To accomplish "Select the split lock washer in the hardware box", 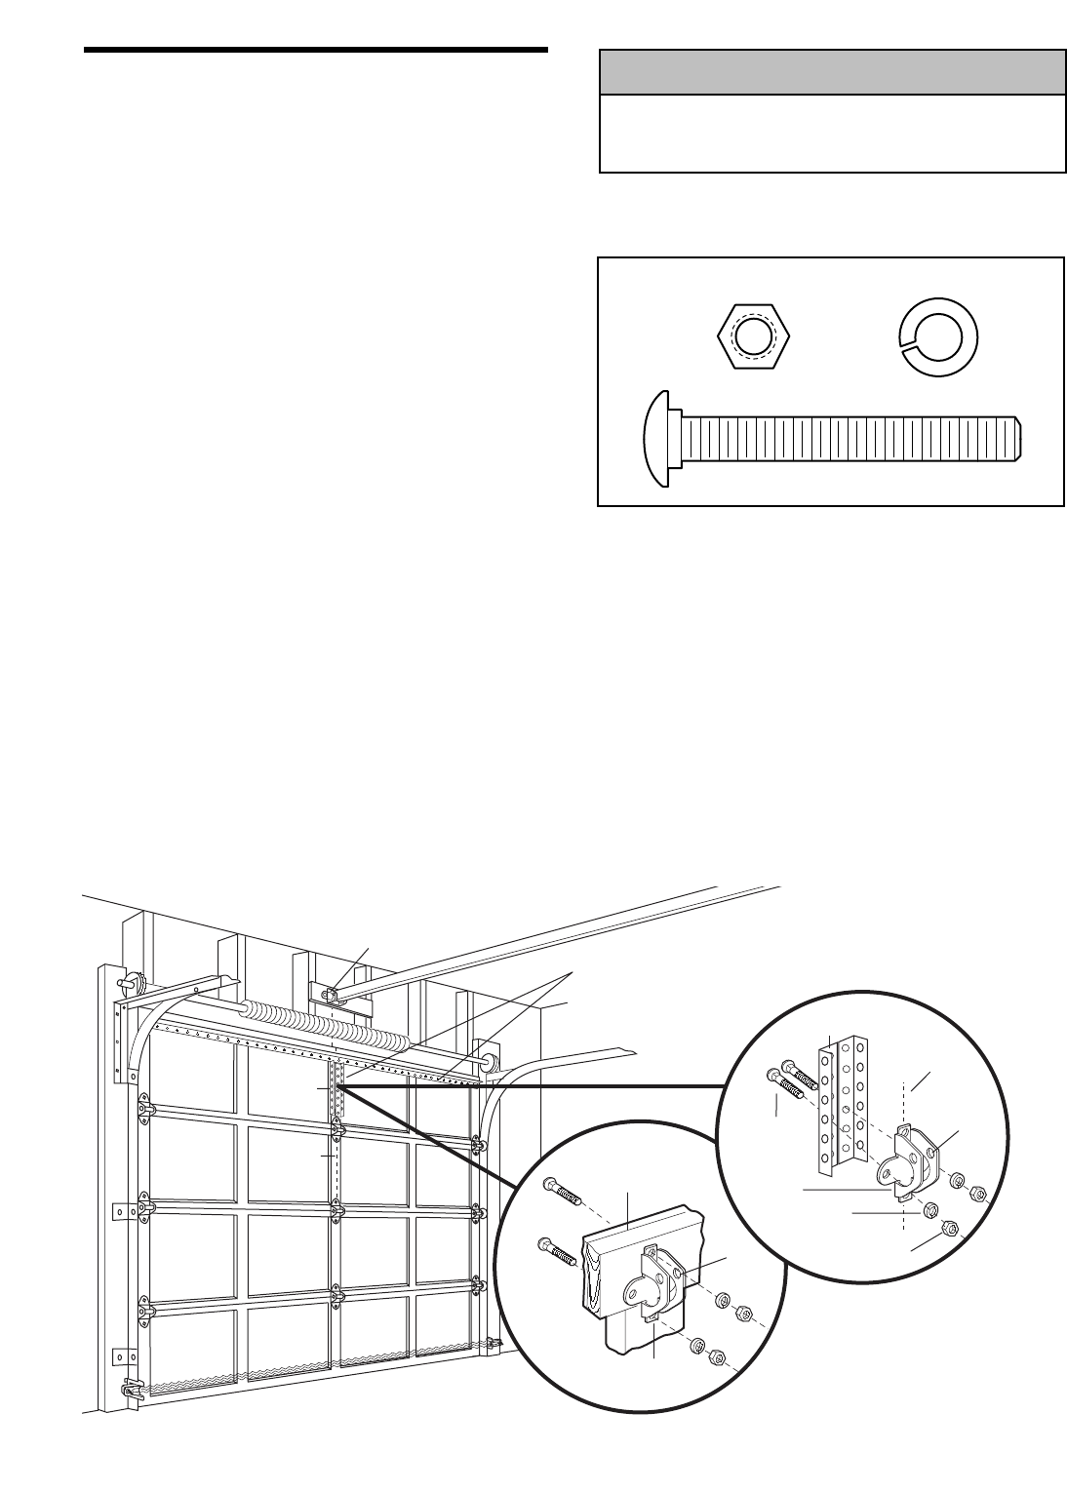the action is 937,335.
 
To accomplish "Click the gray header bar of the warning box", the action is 831,72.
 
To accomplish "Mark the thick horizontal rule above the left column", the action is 316,50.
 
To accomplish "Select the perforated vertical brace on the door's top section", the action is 338,1090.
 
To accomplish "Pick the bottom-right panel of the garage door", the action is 444,1328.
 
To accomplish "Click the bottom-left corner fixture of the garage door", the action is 130,1393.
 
